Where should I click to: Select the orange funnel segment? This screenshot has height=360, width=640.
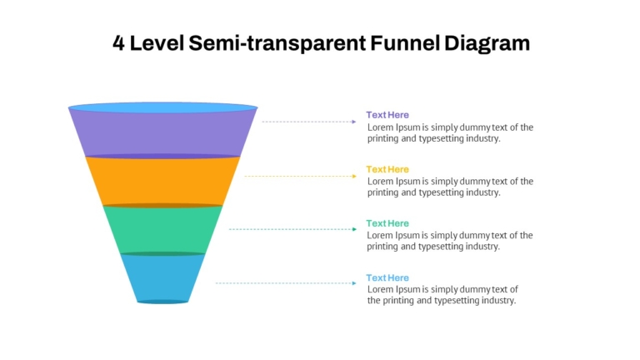pos(162,181)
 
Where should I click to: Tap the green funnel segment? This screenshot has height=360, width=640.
pos(162,230)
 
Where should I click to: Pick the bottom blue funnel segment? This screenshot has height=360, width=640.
pos(162,278)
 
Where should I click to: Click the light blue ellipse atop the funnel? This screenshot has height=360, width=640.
pos(162,107)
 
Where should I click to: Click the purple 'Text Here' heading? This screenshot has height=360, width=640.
pos(387,115)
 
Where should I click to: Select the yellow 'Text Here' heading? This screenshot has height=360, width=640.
pos(387,169)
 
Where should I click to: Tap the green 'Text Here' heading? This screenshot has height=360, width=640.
pos(387,223)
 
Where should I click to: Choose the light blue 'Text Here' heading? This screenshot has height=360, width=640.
pos(387,278)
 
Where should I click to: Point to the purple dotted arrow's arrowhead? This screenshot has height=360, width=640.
pos(354,122)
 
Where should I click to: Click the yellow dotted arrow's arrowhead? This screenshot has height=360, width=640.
pos(354,177)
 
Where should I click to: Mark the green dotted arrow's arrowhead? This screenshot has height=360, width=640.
pos(354,229)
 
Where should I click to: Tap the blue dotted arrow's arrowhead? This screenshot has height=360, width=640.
pos(354,283)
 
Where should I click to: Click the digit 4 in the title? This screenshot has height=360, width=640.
pos(118,42)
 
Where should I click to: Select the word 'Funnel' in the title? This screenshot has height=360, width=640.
pos(405,42)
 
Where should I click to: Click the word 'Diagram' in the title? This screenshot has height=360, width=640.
pos(487,43)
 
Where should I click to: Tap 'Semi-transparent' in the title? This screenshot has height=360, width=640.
pos(277,43)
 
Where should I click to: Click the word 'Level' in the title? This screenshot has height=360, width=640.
pos(157,42)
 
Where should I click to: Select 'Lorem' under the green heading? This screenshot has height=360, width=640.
pos(379,236)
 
